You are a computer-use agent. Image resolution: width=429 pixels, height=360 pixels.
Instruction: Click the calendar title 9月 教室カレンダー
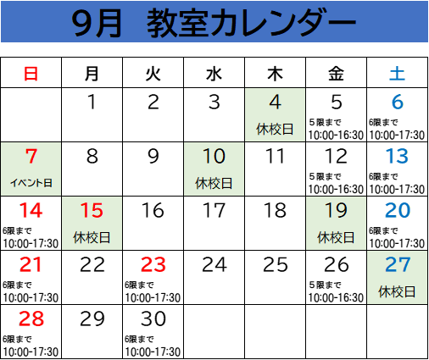point(214,23)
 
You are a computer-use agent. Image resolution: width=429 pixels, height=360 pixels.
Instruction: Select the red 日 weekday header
point(31,74)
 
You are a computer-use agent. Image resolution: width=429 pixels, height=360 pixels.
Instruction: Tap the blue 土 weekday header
point(397,74)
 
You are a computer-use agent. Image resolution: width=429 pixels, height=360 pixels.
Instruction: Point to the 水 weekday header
point(214,74)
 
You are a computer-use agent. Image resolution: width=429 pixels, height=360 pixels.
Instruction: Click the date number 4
point(275,102)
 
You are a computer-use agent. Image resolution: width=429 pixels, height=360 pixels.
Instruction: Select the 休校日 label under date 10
point(214,183)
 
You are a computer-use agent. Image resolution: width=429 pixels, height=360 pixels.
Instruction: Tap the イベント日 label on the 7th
point(31,183)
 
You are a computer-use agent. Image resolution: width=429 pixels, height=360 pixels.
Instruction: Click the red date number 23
point(153,264)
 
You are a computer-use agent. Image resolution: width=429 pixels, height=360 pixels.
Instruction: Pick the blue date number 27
point(398,264)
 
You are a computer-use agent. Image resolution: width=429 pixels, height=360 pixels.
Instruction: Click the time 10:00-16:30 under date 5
point(336,136)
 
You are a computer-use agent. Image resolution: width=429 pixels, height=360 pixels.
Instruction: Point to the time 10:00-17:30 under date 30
point(153,352)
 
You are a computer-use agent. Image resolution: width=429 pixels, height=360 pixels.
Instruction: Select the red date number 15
point(92,210)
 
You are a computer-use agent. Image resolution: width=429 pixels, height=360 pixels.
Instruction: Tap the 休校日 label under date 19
point(336,237)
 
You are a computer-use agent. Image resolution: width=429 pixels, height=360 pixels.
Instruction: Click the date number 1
point(92,102)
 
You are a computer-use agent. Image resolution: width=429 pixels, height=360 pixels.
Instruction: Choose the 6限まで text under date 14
point(17,230)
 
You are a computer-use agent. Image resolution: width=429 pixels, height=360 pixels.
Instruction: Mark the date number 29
point(92,318)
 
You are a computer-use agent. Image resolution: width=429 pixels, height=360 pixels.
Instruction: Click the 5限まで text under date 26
point(325,285)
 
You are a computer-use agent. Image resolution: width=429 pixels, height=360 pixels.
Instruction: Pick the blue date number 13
point(398,156)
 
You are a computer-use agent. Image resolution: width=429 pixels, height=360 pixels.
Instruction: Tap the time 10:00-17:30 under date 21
point(31,298)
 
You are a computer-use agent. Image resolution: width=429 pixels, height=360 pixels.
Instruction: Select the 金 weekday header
point(336,74)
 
